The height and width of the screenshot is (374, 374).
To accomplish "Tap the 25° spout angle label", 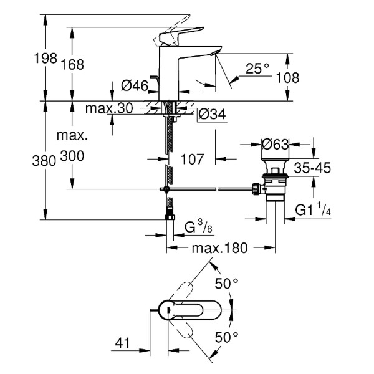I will pos(257,69).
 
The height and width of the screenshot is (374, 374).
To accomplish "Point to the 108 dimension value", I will pos(287,78).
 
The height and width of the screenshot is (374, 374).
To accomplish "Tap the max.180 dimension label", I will pos(219,248).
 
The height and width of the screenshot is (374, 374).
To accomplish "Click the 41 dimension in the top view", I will pos(123,342).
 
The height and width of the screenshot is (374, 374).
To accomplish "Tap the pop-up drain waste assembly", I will pos(272,185).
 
